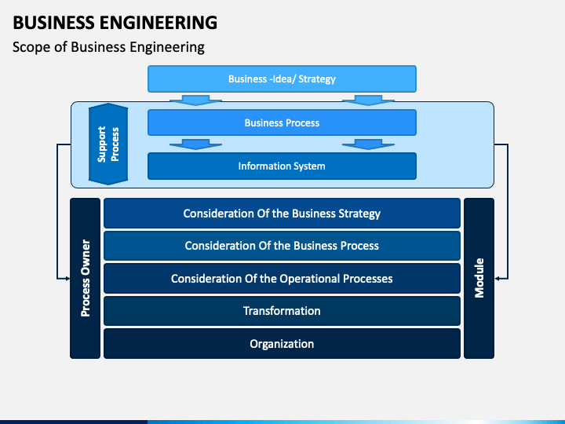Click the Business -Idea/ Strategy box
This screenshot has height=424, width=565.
[x=282, y=79]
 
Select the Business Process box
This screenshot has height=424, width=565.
[x=282, y=122]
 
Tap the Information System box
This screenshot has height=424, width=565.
[x=282, y=166]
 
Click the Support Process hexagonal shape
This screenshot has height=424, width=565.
[x=108, y=144]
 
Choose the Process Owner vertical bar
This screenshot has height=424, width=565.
[x=85, y=278]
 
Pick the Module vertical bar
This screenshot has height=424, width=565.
[x=479, y=278]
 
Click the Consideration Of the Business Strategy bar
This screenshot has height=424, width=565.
[x=282, y=213]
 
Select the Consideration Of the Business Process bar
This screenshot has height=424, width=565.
[x=282, y=246]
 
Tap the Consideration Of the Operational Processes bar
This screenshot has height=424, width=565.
[x=282, y=278]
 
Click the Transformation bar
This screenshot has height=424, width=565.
[x=282, y=311]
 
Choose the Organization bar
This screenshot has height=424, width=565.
[x=282, y=344]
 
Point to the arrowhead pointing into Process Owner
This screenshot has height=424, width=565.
[x=67, y=278]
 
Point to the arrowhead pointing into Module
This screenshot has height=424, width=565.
[x=497, y=278]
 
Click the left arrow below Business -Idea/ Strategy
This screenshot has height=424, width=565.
[x=195, y=101]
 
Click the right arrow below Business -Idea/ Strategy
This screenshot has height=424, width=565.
[x=368, y=101]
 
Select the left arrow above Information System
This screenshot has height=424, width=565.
[x=195, y=144]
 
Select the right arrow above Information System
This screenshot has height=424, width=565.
[x=368, y=144]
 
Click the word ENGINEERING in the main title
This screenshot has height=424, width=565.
[x=159, y=22]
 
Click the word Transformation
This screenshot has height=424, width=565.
[x=282, y=311]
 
